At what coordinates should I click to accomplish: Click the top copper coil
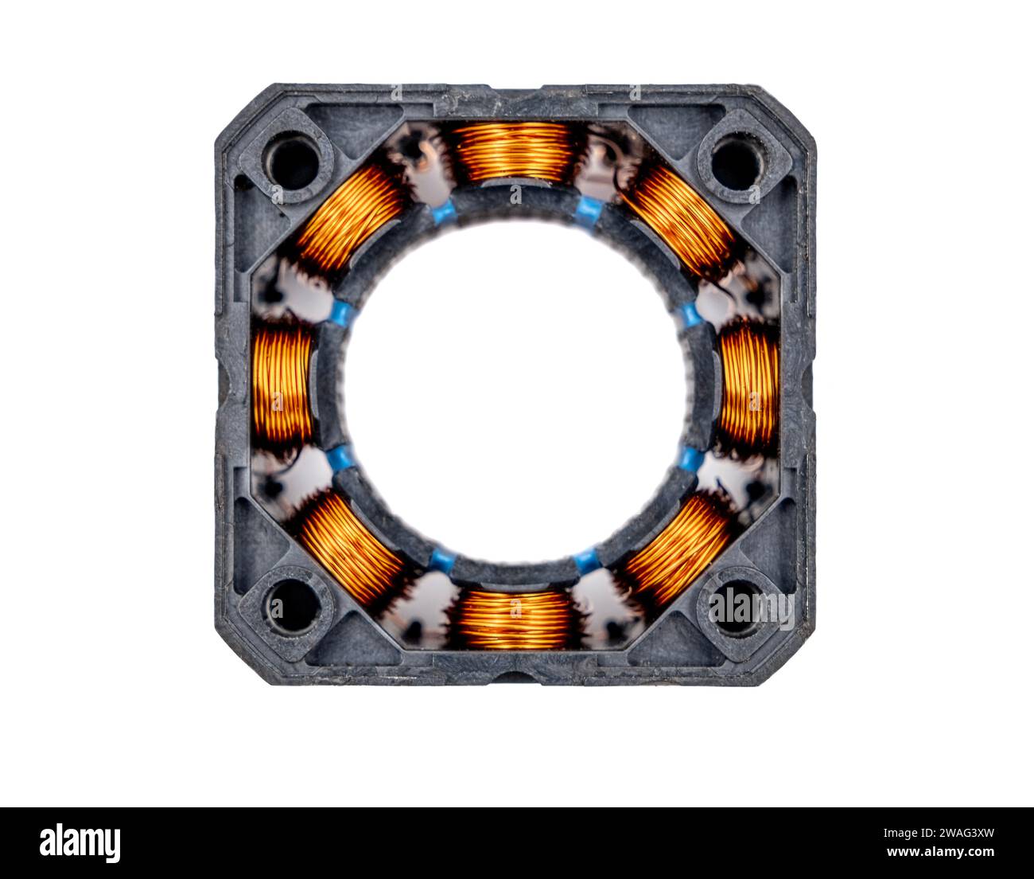515,151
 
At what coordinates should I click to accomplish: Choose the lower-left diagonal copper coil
350,549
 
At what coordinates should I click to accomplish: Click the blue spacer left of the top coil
443,212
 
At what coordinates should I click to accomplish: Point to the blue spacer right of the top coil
589,210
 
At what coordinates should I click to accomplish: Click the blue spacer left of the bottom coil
442,561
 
